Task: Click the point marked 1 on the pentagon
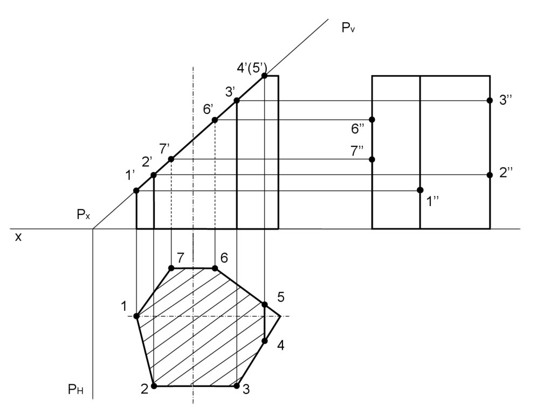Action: (x=136, y=316)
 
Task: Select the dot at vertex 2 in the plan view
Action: (x=154, y=386)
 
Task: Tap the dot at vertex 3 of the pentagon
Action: (x=237, y=386)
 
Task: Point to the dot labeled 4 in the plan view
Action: (x=265, y=341)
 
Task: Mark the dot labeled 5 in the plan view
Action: (x=265, y=305)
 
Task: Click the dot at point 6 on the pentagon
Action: (x=215, y=268)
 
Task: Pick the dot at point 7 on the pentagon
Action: (x=171, y=268)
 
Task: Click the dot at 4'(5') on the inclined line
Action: (x=265, y=76)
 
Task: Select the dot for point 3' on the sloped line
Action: (x=237, y=100)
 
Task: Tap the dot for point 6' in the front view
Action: (x=215, y=120)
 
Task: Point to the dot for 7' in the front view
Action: (x=171, y=159)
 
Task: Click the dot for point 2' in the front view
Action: (x=154, y=175)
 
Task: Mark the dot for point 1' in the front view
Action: (x=136, y=191)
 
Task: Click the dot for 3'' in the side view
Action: (x=489, y=100)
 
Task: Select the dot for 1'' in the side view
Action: (x=420, y=190)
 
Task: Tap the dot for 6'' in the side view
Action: (x=372, y=119)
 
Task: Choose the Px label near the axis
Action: (x=83, y=215)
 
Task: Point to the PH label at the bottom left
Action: (x=75, y=390)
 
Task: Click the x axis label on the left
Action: (x=18, y=236)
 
